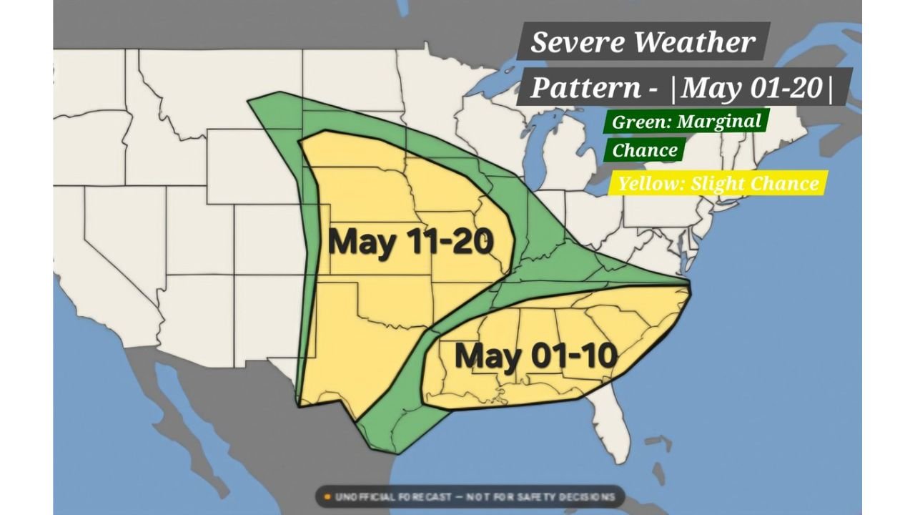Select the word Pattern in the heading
pyautogui.click(x=585, y=88)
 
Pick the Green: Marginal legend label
pyautogui.click(x=686, y=121)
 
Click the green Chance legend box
pyautogui.click(x=645, y=150)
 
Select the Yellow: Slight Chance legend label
pyautogui.click(x=718, y=183)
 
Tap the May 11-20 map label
pyautogui.click(x=411, y=242)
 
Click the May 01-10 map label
pyautogui.click(x=535, y=355)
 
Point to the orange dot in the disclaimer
pyautogui.click(x=326, y=496)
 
